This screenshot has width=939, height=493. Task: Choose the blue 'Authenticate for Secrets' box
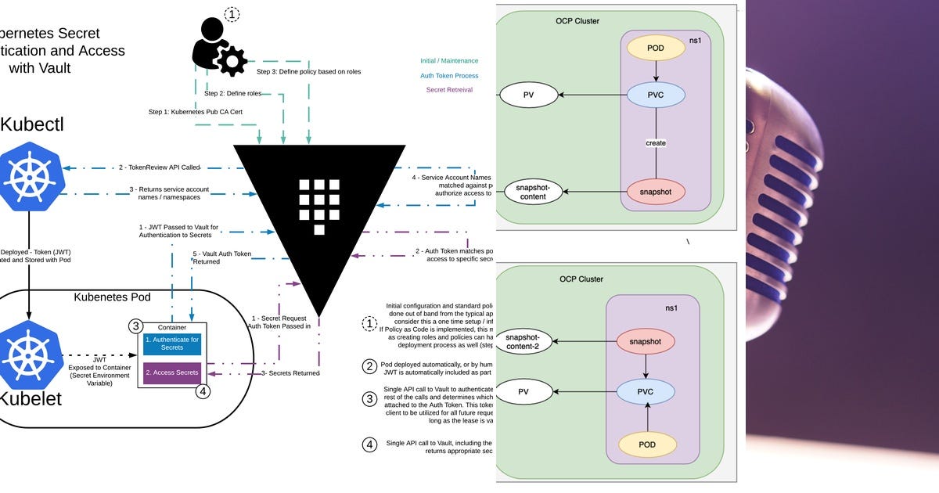[x=172, y=344]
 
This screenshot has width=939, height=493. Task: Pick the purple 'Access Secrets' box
[x=172, y=372]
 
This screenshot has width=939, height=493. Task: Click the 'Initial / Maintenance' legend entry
[x=448, y=61]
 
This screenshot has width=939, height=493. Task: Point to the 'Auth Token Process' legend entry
[x=448, y=76]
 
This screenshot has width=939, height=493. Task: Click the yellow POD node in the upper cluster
[x=656, y=47]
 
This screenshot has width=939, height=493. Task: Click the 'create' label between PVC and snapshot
[x=656, y=143]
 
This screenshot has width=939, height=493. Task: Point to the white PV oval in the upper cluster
[x=528, y=95]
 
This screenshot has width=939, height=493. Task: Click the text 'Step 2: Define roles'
[x=233, y=93]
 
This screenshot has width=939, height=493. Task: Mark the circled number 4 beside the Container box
[x=203, y=391]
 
